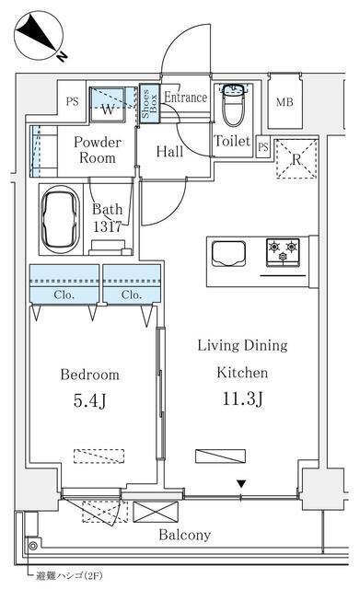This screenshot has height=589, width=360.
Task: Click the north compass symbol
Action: (39, 36)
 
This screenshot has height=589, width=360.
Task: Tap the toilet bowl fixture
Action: (234, 105)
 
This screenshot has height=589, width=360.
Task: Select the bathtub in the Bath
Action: (61, 220)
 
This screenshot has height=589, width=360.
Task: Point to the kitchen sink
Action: (228, 254)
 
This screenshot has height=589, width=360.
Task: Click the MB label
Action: (285, 102)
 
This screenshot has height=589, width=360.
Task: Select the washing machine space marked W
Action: (108, 104)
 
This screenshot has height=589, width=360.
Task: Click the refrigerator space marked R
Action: (296, 158)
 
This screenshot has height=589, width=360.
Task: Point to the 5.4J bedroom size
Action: (90, 401)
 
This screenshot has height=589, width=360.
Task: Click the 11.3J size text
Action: (242, 398)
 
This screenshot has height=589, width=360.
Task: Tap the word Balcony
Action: (184, 535)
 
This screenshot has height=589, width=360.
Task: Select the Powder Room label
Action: (98, 150)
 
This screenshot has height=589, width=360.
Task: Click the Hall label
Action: (169, 151)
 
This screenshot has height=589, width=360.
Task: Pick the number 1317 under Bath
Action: (107, 226)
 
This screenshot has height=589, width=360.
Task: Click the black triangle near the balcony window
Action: (241, 484)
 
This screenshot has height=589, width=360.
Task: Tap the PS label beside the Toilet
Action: (263, 146)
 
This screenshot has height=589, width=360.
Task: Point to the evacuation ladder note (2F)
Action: (69, 575)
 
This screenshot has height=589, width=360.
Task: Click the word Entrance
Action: (186, 98)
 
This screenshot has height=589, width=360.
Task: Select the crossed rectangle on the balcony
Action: (156, 512)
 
